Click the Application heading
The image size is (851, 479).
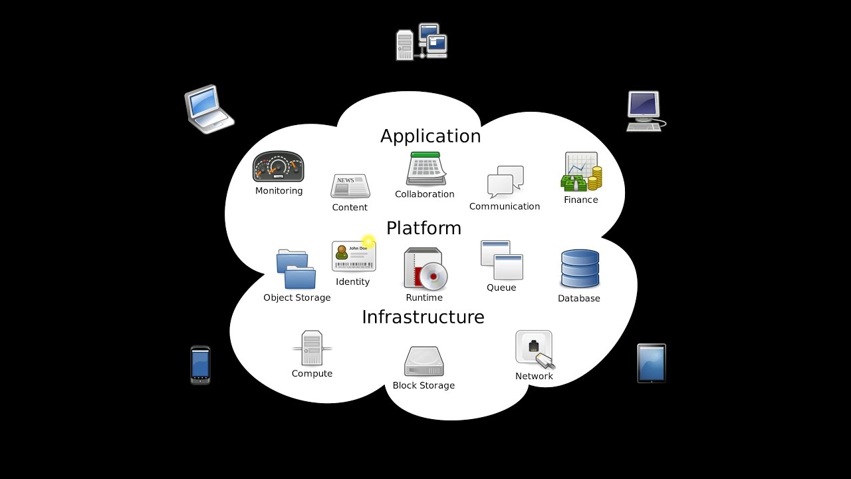pyautogui.click(x=430, y=136)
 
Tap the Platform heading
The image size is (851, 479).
pyautogui.click(x=424, y=228)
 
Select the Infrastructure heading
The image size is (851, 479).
pyautogui.click(x=423, y=317)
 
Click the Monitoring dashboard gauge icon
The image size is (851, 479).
pyautogui.click(x=279, y=167)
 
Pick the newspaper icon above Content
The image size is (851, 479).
pyautogui.click(x=350, y=186)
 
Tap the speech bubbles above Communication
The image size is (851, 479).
pyautogui.click(x=505, y=182)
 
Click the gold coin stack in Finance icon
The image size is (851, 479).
pyautogui.click(x=595, y=178)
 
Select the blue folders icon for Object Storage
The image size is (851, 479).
pyautogui.click(x=297, y=269)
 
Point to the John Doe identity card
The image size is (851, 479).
pyautogui.click(x=354, y=256)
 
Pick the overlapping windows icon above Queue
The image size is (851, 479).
pyautogui.click(x=501, y=260)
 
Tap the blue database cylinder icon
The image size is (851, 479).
pyautogui.click(x=580, y=269)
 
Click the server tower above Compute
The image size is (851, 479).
pyautogui.click(x=312, y=348)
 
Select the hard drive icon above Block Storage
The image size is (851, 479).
pyautogui.click(x=424, y=362)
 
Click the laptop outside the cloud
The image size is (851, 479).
pyautogui.click(x=208, y=108)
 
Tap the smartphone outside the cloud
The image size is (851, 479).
pyautogui.click(x=200, y=365)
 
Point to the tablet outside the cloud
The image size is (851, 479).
pyautogui.click(x=652, y=363)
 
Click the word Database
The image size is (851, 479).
pyautogui.click(x=578, y=299)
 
